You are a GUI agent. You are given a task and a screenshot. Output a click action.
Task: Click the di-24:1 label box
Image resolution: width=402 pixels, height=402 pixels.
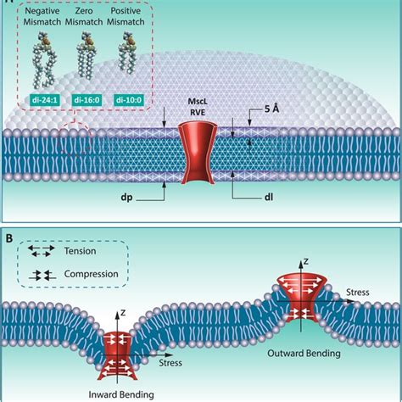click(45, 100)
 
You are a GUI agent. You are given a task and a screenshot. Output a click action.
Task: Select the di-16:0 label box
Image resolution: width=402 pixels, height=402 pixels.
click(87, 100)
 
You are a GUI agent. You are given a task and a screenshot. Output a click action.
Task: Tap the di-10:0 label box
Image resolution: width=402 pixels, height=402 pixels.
click(129, 100)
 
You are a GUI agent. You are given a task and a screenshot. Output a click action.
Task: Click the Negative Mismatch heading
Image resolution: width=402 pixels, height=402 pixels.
click(42, 16)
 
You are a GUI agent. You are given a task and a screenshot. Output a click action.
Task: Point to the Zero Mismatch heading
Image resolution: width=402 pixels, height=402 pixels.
click(84, 16)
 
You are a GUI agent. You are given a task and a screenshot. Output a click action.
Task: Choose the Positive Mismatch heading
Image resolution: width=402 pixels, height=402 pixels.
click(126, 16)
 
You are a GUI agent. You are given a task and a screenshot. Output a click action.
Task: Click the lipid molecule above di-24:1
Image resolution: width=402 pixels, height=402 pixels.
click(44, 59)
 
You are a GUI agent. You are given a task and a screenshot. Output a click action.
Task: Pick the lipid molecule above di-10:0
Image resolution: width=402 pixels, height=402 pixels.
click(127, 53)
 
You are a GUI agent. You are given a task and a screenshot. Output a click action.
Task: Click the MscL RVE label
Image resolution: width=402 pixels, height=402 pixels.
click(198, 107)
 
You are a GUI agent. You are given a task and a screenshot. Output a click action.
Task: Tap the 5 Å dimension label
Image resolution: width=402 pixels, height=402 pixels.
click(271, 109)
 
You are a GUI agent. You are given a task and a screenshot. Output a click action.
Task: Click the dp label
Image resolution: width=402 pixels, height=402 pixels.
click(126, 197)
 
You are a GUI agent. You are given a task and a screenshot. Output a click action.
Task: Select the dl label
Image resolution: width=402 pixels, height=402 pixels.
click(269, 197)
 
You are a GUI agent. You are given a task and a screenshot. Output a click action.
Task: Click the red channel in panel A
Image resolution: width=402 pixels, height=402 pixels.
click(198, 153)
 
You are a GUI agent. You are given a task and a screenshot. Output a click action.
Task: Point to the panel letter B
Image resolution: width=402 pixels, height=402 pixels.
click(9, 238)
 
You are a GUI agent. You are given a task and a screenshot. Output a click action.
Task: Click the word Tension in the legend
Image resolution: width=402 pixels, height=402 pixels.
click(80, 251)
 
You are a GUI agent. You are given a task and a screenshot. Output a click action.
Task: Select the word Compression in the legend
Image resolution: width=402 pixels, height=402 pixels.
click(91, 274)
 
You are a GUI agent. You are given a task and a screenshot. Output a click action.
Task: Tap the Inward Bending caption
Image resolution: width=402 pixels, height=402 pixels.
click(121, 394)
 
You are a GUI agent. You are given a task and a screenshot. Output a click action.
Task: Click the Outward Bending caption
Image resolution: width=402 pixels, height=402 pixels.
click(304, 354)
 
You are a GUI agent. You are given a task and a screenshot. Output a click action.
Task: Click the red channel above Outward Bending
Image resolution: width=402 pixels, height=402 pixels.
click(301, 299)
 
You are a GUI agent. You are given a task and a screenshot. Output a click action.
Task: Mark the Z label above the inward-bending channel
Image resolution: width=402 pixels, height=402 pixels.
click(123, 313)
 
